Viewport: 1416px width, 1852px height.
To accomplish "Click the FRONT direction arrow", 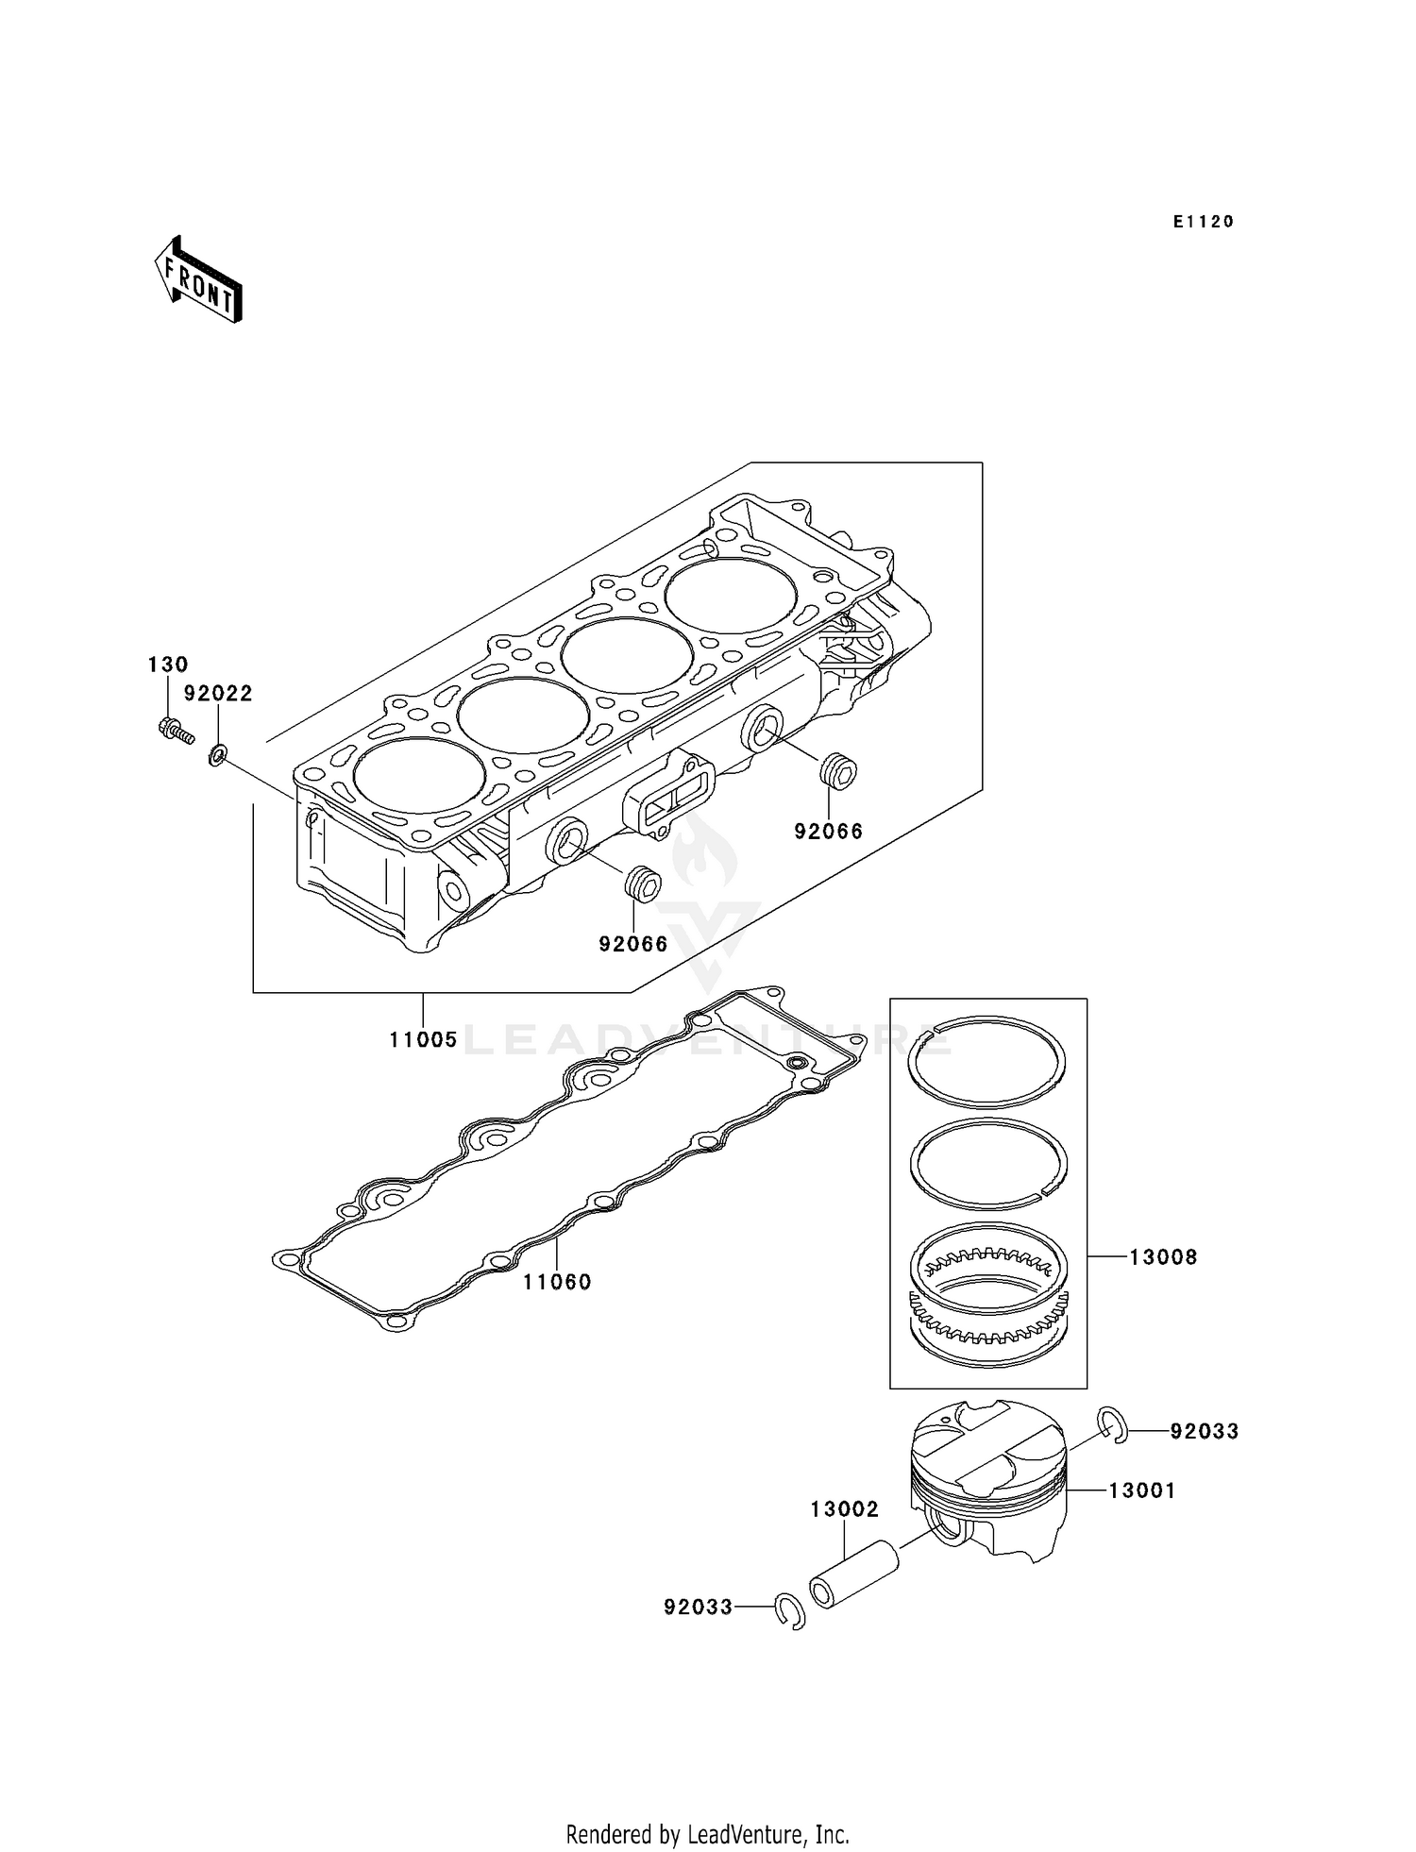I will pos(198,279).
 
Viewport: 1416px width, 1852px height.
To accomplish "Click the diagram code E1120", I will pos(1204,222).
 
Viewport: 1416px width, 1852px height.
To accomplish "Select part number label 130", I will pos(168,665).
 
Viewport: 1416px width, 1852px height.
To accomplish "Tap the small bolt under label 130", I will pos(175,730).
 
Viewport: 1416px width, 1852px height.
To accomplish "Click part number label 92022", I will pos(218,694).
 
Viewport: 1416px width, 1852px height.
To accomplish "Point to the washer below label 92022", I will pos(217,755).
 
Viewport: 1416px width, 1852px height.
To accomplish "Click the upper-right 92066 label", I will pos(828,832).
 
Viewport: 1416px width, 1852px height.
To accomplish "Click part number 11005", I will pos(423,1040).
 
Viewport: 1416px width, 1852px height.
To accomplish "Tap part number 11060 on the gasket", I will pos(557,1282).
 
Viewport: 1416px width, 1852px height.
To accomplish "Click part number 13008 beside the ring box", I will pos(1163,1257).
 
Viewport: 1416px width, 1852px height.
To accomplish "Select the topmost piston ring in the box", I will pos(986,1060).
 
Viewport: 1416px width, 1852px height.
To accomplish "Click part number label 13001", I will pos(1141,1490).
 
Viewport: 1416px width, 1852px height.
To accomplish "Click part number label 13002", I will pos(844,1509).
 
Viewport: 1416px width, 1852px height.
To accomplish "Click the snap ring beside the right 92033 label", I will pos(1114,1424).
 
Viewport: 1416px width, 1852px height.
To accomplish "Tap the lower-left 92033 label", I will pos(698,1607).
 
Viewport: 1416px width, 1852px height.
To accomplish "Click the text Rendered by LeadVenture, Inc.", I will pos(707,1834).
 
